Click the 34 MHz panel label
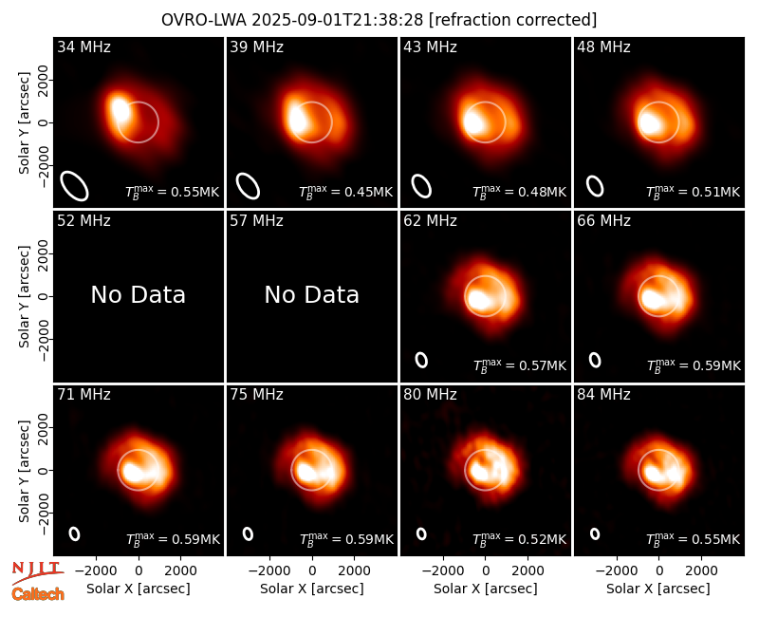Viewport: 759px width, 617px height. point(83,47)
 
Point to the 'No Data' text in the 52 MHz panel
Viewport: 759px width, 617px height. point(138,294)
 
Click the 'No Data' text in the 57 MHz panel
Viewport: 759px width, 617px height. point(312,294)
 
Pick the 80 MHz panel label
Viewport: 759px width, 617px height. point(430,395)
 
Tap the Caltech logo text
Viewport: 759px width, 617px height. point(38,594)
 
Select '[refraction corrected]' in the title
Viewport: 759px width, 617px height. point(512,20)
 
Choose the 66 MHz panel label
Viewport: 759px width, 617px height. point(603,221)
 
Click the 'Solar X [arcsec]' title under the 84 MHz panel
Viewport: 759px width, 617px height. point(657,589)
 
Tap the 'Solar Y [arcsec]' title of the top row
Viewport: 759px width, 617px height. point(25,123)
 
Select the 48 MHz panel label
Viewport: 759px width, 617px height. point(603,47)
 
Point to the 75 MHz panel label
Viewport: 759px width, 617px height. point(256,395)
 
